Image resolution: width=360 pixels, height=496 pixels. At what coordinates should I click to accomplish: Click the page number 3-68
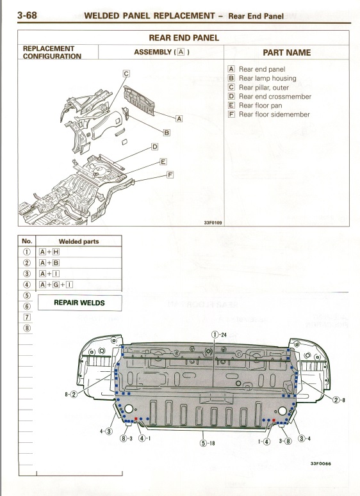click(27, 15)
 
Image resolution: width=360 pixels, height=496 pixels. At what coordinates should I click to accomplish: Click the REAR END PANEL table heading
click(184, 38)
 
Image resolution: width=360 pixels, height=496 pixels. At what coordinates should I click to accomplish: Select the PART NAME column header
click(286, 52)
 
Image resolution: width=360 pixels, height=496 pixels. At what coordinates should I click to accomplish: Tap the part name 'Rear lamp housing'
click(268, 78)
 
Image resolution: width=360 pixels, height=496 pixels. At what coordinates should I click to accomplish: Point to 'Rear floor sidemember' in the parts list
click(274, 114)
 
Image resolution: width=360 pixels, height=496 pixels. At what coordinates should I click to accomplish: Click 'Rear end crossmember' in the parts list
click(275, 96)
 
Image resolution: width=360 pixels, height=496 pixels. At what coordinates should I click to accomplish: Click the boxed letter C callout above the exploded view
click(126, 74)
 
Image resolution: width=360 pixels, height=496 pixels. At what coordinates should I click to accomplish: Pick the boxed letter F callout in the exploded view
click(170, 175)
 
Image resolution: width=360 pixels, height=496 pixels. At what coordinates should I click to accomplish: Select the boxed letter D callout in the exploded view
click(154, 147)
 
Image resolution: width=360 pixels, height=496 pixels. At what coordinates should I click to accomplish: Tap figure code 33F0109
click(213, 223)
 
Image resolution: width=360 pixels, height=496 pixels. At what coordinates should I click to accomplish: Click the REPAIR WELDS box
click(79, 303)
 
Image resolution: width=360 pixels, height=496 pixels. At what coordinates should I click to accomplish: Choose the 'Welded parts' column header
click(79, 241)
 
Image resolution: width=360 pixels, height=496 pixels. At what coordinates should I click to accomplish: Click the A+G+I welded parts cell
click(56, 285)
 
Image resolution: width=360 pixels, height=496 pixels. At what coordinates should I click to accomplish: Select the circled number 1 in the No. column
click(27, 252)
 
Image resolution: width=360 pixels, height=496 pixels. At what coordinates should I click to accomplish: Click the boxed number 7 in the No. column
click(28, 317)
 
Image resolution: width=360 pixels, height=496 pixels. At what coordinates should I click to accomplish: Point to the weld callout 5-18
click(208, 443)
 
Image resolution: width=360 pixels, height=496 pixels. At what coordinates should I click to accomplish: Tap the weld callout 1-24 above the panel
click(219, 335)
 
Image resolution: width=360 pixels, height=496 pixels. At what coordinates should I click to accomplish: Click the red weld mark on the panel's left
click(136, 419)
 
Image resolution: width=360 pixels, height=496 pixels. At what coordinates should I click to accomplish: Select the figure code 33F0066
click(320, 464)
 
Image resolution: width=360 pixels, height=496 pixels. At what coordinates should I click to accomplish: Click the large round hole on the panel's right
click(282, 411)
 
